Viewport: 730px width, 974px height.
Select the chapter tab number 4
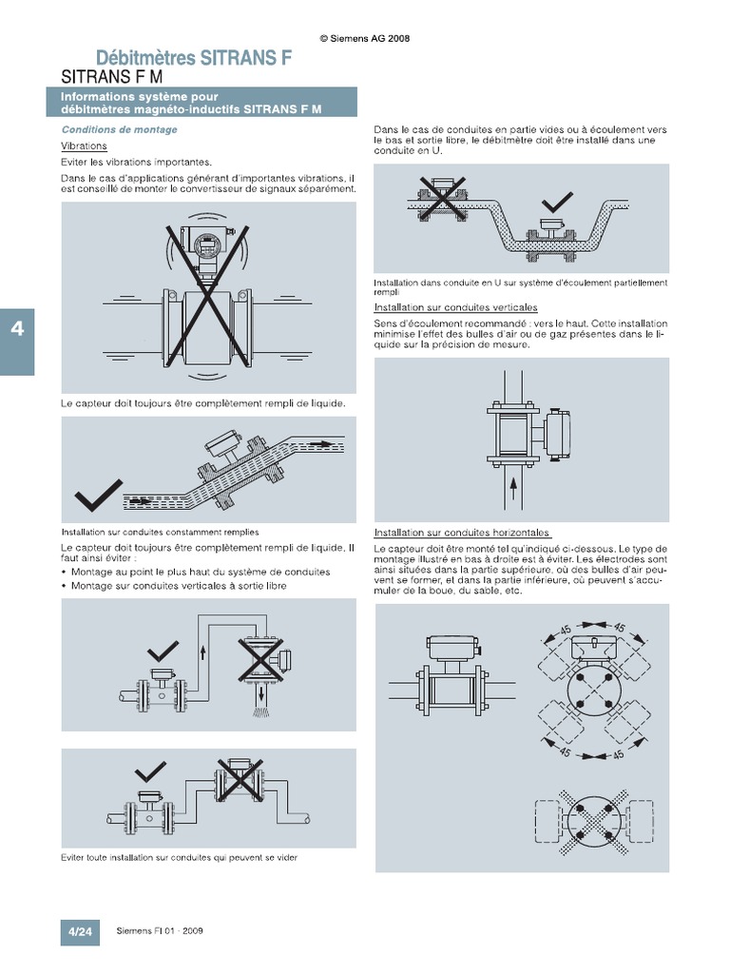click(16, 329)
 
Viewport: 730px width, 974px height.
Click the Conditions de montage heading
click(119, 129)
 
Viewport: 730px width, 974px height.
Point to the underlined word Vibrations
click(84, 146)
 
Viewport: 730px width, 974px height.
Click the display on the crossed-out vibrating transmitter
click(206, 246)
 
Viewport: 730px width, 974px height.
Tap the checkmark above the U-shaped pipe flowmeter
click(556, 202)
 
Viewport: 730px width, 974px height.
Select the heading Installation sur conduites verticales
click(455, 308)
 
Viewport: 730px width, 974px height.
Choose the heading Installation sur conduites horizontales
click(462, 533)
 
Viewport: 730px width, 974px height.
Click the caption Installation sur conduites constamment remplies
click(160, 533)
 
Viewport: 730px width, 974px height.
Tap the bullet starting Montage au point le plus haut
click(200, 572)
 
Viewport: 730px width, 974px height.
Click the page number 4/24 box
click(77, 930)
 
